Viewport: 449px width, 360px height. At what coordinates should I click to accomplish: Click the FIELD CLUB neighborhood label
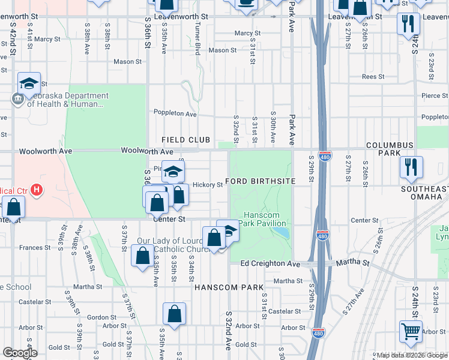[x=186, y=140]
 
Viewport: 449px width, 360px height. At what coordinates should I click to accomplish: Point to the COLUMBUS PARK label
[x=390, y=149]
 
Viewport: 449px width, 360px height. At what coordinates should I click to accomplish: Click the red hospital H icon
[x=37, y=191]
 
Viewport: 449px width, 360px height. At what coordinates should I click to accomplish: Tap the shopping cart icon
[x=411, y=331]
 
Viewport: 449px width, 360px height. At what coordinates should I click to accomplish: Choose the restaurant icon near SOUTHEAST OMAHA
[x=411, y=166]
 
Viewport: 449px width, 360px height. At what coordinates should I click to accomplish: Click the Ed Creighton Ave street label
[x=270, y=264]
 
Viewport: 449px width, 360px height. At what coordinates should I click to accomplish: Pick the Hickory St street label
[x=208, y=185]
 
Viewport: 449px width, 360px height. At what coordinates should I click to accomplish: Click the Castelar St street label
[x=284, y=311]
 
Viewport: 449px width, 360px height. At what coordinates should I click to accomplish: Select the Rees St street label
[x=373, y=77]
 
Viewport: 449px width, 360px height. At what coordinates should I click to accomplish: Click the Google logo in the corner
[x=20, y=353]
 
